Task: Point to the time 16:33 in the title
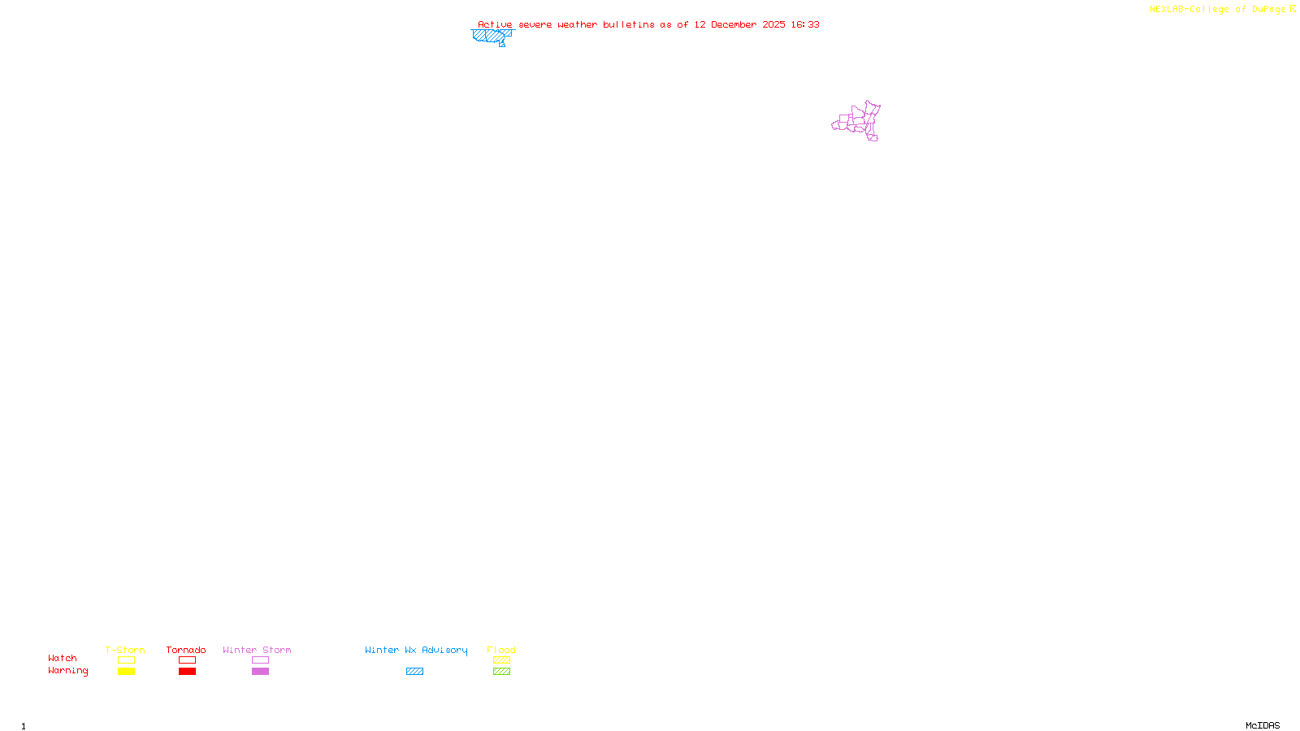click(805, 25)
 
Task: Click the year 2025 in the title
click(773, 25)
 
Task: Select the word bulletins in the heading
click(629, 25)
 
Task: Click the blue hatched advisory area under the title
click(491, 36)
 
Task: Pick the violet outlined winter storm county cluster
click(858, 121)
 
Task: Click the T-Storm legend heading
click(125, 650)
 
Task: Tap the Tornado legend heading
click(186, 650)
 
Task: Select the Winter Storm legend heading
click(257, 650)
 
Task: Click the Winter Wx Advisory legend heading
click(416, 650)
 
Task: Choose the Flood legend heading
click(501, 650)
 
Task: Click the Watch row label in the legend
click(63, 659)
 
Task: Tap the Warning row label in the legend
click(67, 671)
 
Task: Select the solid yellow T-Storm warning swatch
click(126, 672)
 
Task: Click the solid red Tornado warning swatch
click(188, 672)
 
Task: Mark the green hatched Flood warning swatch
click(501, 672)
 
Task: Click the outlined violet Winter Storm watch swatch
click(260, 660)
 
